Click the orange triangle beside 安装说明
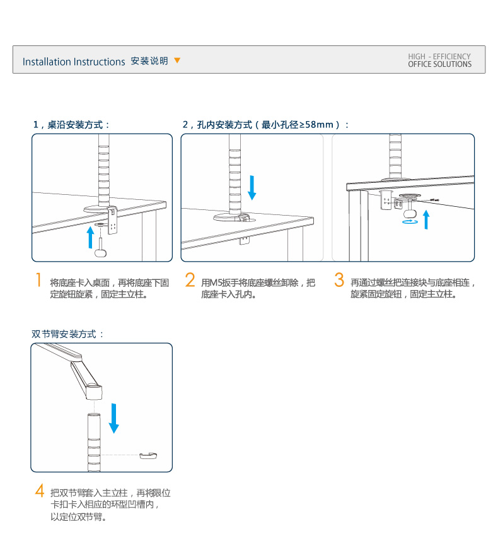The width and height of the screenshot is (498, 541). (177, 61)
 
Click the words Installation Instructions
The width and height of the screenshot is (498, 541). (74, 62)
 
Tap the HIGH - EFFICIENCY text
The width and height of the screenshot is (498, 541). (439, 57)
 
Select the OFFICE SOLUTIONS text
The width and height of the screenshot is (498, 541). (439, 64)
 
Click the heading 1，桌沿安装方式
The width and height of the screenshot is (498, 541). (71, 125)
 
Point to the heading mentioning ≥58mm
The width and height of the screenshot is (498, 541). (265, 125)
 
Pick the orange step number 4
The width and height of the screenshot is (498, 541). (39, 491)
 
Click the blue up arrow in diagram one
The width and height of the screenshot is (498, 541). (90, 237)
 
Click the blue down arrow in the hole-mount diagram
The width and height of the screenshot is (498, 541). (252, 187)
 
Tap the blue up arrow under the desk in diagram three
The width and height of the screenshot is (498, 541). (426, 220)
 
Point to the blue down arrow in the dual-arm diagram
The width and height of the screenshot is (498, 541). (113, 418)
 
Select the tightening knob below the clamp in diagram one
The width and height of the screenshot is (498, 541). (101, 252)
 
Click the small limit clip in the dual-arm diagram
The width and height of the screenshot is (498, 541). (148, 455)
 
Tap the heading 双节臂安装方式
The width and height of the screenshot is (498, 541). (67, 334)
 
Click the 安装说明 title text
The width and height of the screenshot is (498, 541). (149, 61)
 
